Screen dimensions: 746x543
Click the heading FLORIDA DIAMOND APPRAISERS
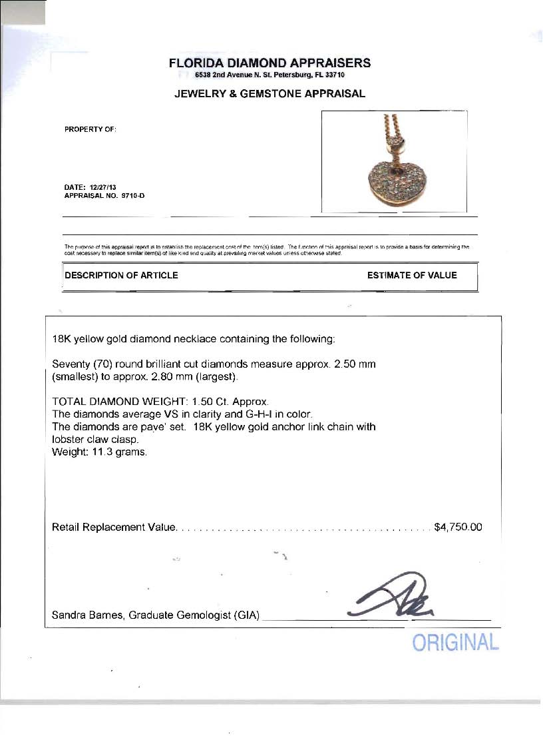270,63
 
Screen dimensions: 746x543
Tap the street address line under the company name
270,75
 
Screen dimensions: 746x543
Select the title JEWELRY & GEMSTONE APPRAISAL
270,94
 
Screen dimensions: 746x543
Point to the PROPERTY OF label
90,129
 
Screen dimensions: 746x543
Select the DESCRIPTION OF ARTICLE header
122,275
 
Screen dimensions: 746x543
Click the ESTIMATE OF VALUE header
412,275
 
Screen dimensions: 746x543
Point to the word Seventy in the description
71,365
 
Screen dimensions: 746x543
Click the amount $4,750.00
458,528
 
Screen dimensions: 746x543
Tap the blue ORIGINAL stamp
455,643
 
